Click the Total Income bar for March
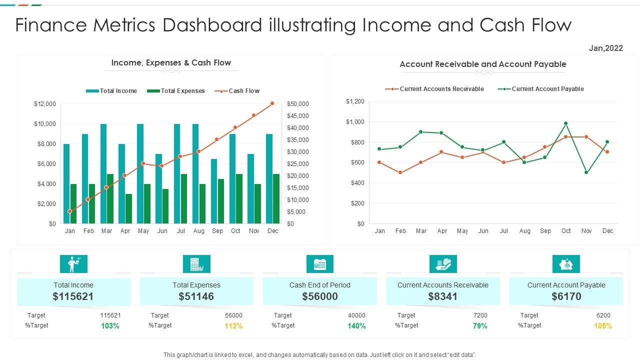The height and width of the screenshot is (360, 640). (103, 173)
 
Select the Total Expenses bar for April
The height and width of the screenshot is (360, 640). (128, 208)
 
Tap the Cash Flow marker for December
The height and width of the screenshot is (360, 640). (272, 103)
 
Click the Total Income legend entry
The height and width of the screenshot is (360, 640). (111, 91)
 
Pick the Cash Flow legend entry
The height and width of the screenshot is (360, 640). (237, 91)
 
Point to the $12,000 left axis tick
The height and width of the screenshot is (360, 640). (45, 104)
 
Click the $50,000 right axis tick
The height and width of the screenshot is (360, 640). (298, 104)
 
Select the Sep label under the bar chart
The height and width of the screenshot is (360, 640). (217, 231)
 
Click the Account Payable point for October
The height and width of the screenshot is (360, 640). (566, 123)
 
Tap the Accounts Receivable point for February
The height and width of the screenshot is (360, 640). (400, 172)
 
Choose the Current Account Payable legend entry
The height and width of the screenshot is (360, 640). (541, 89)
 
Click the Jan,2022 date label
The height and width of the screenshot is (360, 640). (606, 48)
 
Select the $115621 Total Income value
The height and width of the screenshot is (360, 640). (73, 296)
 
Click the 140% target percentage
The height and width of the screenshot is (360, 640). (357, 326)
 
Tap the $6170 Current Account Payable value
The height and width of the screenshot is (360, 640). (566, 296)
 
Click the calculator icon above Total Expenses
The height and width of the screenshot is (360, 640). (196, 264)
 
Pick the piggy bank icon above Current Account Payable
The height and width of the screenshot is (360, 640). (566, 264)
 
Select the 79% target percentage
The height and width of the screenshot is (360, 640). (480, 326)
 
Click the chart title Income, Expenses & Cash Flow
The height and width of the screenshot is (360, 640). (171, 63)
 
